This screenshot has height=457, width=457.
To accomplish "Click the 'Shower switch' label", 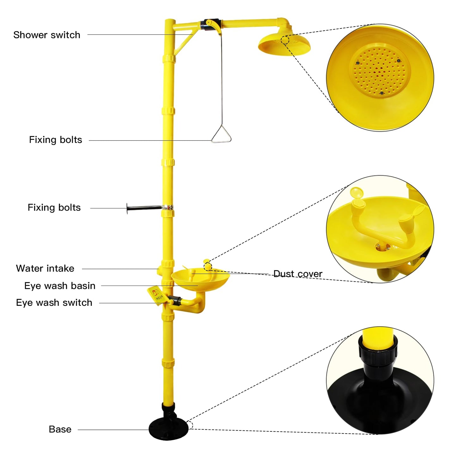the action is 47,35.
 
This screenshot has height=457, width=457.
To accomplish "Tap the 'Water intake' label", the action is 45,268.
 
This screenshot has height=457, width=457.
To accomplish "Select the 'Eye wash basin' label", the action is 60,286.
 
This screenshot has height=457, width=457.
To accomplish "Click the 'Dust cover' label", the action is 298,274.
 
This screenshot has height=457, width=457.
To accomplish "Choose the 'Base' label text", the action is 60,429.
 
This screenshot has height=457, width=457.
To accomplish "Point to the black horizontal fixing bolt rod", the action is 144,208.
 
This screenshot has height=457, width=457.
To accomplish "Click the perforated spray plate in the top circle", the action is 380,71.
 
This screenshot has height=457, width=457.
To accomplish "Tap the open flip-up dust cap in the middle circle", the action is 356,192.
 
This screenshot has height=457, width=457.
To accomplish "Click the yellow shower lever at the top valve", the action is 214,26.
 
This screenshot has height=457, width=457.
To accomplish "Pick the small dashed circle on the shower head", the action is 285,40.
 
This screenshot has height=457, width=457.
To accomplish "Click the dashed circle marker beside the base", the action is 190,425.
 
